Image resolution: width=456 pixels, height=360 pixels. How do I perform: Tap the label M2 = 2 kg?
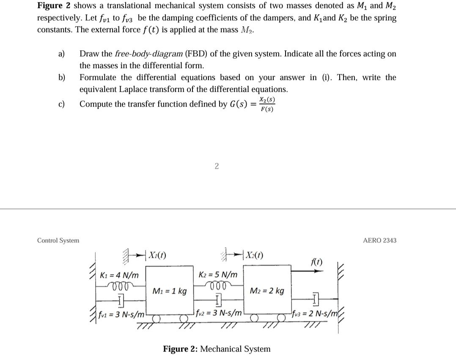click(267, 291)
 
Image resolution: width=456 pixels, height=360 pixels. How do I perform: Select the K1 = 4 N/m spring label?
click(119, 275)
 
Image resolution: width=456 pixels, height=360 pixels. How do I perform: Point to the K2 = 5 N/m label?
click(218, 275)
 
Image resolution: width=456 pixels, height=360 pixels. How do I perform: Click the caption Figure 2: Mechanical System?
click(217, 349)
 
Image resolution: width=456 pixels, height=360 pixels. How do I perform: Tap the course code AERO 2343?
click(380, 240)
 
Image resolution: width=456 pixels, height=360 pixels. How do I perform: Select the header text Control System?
click(58, 240)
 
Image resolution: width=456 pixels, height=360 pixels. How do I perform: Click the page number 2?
click(216, 166)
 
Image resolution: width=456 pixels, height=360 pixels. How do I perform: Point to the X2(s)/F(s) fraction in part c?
click(266, 104)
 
